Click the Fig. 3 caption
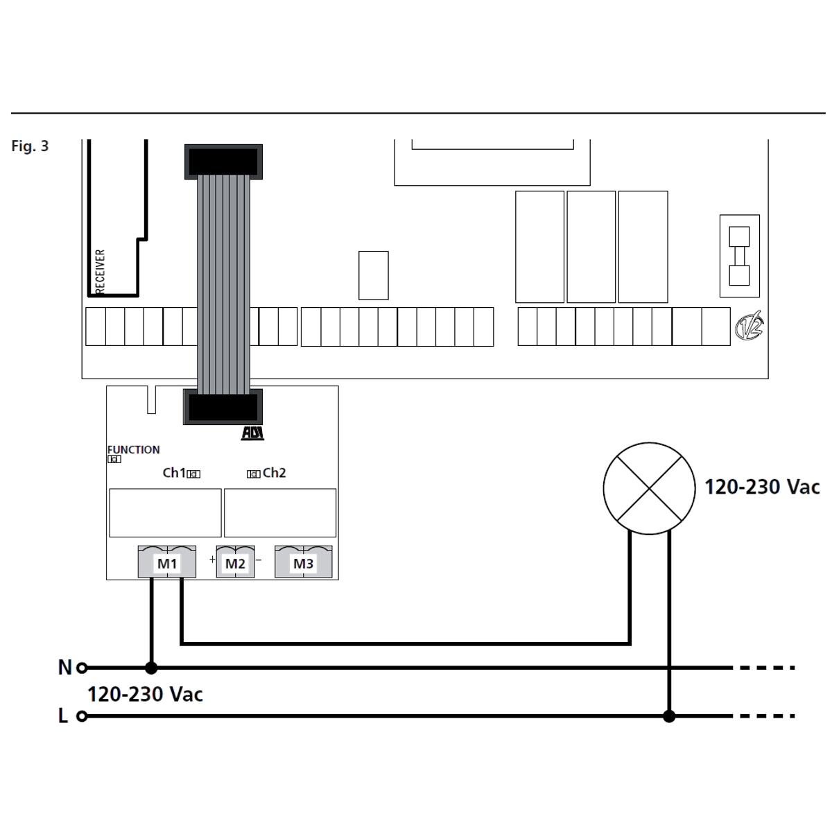pyautogui.click(x=30, y=146)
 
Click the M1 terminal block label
pyautogui.click(x=167, y=564)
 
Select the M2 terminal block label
pyautogui.click(x=235, y=564)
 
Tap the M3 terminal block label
pyautogui.click(x=304, y=564)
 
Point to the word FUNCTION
pyautogui.click(x=133, y=450)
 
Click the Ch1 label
pyautogui.click(x=174, y=473)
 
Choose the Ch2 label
pyautogui.click(x=274, y=473)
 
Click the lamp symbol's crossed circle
pyautogui.click(x=649, y=488)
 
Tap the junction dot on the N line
pyautogui.click(x=151, y=668)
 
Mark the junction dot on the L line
pyautogui.click(x=669, y=716)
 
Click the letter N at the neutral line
pyautogui.click(x=64, y=668)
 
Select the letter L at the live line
pyautogui.click(x=63, y=716)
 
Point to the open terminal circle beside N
pyautogui.click(x=82, y=668)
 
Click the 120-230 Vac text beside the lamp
pyautogui.click(x=762, y=487)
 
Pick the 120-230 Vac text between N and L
pyautogui.click(x=145, y=694)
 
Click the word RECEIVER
pyautogui.click(x=100, y=272)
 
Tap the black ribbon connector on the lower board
pyautogui.click(x=223, y=407)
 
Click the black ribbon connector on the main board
pyautogui.click(x=223, y=162)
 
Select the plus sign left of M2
pyautogui.click(x=212, y=560)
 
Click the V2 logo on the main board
pyautogui.click(x=749, y=326)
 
